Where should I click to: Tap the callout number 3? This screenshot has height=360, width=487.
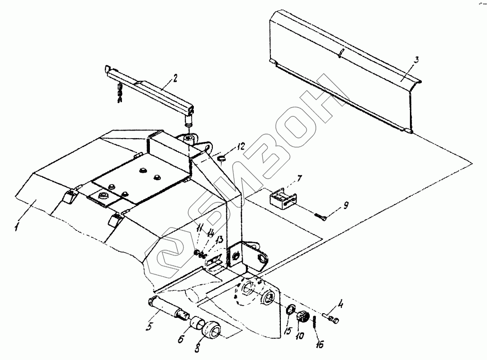click(x=416, y=60)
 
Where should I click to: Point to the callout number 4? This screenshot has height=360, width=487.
click(x=340, y=303)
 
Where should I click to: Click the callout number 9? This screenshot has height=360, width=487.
click(x=345, y=205)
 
